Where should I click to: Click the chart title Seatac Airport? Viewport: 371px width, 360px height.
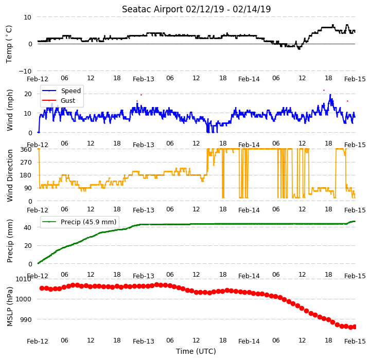coord(152,9)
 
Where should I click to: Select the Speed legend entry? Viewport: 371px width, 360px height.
coord(62,91)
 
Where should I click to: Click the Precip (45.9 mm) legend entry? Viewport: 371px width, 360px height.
coord(79,222)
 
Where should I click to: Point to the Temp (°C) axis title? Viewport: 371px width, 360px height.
coord(9,44)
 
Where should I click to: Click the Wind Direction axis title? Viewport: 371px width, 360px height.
coord(10,175)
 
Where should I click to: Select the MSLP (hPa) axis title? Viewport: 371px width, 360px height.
coord(10,307)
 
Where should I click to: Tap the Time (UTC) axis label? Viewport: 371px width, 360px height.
coord(196,351)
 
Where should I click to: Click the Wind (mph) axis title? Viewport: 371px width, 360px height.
coord(10,110)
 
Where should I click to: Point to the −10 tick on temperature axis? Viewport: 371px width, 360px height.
coord(25,71)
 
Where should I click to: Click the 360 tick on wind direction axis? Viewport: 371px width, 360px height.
coord(26,149)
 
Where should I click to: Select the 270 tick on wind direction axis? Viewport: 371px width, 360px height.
coord(26,163)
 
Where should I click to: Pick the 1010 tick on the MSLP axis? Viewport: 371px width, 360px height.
coord(24,279)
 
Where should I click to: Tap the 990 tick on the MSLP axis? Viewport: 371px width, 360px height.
coord(26,319)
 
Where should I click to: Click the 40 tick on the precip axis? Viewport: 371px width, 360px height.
coord(28,227)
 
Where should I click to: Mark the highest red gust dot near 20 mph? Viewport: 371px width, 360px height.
coord(324,90)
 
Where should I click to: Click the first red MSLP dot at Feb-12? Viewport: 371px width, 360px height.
coord(42,288)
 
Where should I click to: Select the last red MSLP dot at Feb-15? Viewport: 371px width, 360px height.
coord(354,327)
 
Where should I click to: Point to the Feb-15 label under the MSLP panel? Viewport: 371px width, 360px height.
coord(355,341)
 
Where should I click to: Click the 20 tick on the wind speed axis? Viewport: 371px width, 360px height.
coord(28,94)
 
